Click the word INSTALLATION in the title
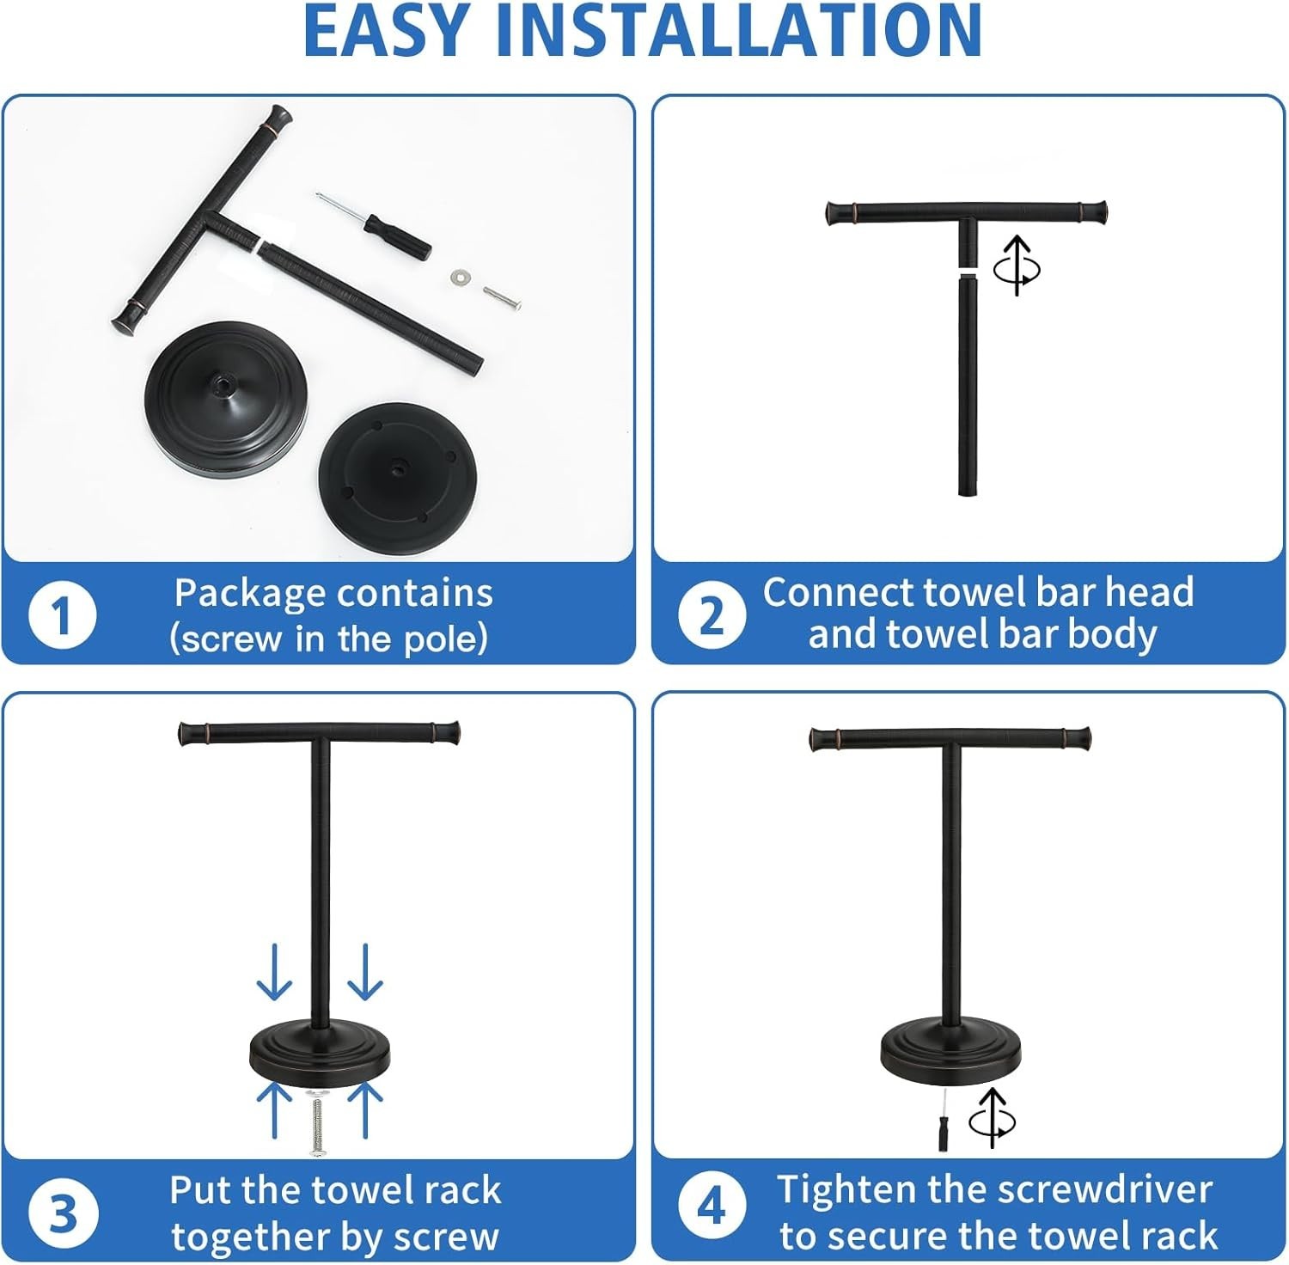[x=740, y=30]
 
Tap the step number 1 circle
[x=62, y=615]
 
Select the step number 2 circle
[x=712, y=615]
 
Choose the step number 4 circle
[x=712, y=1207]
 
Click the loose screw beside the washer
[x=501, y=296]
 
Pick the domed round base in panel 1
[x=218, y=395]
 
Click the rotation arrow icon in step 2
[x=1017, y=266]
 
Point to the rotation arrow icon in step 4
[x=993, y=1119]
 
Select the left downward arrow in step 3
[x=274, y=972]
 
